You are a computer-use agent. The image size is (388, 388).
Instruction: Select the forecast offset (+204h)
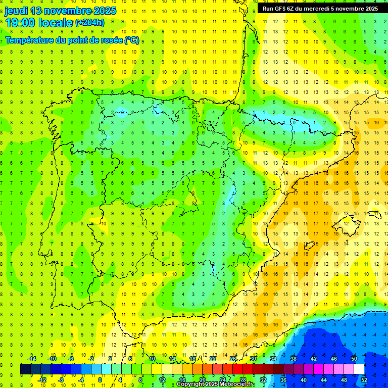89,23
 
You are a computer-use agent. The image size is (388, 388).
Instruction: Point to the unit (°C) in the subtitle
131,40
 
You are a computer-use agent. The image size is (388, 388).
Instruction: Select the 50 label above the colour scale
354,359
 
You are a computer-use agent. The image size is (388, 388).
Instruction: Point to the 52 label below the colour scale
364,379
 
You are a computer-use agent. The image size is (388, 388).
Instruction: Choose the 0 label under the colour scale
100,379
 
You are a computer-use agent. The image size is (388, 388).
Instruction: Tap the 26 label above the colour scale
233,359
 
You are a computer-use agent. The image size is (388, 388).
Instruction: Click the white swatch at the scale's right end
359,369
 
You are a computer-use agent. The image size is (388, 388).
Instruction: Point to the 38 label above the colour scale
293,359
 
